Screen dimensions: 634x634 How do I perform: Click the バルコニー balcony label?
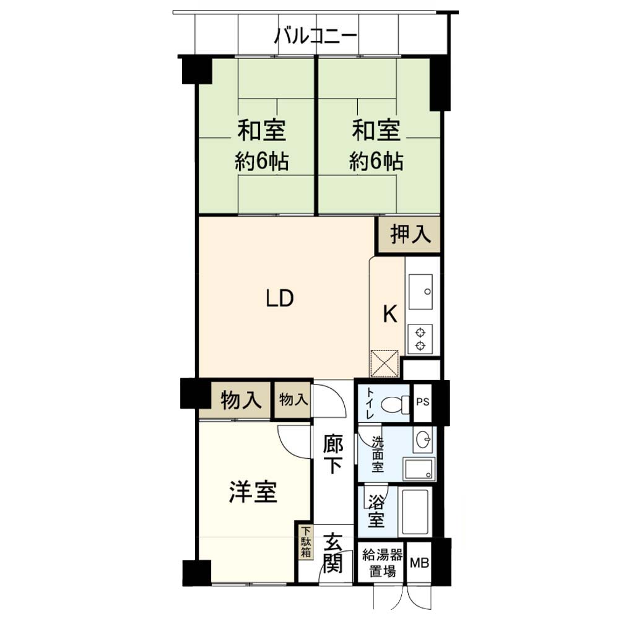coord(316,36)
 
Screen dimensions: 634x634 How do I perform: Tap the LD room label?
coord(280,298)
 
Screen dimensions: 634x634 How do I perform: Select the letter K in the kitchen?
coord(390,313)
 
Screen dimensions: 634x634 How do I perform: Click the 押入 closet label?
coord(410,234)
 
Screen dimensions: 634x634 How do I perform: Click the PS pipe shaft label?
coord(422,402)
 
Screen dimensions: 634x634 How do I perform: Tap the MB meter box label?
coord(419,562)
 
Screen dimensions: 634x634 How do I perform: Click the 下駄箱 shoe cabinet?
coord(306,542)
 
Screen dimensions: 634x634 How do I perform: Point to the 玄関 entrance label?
coord(332,553)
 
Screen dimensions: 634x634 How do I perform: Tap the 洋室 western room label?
coord(253,492)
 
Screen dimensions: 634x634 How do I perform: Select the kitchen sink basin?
coord(420,292)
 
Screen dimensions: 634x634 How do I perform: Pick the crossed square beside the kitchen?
coord(384,363)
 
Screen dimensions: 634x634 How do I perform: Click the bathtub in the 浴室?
coord(414,512)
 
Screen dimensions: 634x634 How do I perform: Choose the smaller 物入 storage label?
coord(293,400)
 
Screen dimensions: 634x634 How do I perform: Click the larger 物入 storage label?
coord(241,401)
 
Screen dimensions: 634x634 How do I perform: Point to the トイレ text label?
coord(370,403)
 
